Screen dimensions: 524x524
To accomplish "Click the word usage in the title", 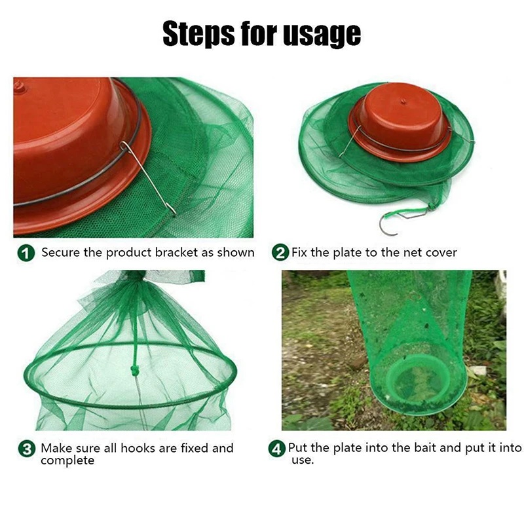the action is (322, 35).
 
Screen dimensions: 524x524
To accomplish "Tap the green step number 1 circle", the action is (26, 253).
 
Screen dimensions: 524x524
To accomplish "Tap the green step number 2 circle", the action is (280, 253).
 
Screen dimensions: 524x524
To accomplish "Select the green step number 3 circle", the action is (27, 449).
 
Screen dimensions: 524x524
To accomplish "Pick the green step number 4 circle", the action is (277, 449).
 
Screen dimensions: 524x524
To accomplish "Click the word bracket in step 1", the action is (176, 252).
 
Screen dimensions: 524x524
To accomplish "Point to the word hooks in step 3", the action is (138, 448).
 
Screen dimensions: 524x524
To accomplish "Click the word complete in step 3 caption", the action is (67, 461).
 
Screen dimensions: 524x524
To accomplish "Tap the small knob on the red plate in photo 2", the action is (403, 101).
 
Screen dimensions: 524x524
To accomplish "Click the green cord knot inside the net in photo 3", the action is (134, 370).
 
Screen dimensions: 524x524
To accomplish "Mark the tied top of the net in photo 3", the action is (136, 276).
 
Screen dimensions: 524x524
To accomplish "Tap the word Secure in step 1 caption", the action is (61, 252).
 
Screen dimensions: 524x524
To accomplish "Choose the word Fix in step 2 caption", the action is (299, 252).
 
